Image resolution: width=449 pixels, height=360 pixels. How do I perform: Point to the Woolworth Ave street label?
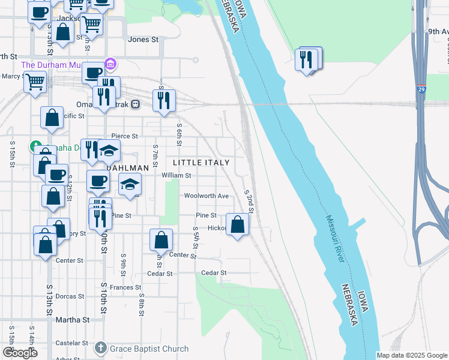coord(206,196)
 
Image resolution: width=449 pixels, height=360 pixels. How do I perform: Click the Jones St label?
coord(143,40)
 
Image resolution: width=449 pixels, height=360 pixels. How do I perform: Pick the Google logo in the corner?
coord(20,353)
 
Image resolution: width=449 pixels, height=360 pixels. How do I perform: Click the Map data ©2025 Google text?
coord(412,355)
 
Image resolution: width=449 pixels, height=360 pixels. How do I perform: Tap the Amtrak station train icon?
coord(136,104)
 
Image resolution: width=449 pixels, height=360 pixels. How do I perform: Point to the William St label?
coord(176,176)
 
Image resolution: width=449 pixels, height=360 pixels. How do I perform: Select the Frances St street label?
coord(125,288)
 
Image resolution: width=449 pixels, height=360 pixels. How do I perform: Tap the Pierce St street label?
coord(125,137)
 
